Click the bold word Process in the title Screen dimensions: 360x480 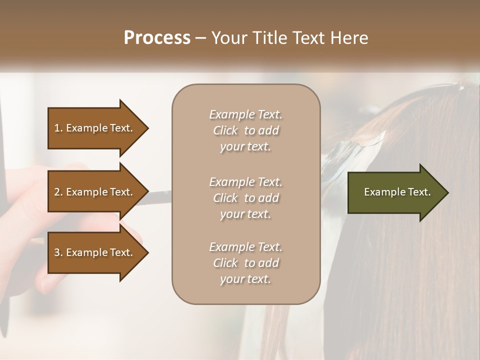pos(157,38)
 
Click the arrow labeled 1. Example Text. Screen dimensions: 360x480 pos(95,128)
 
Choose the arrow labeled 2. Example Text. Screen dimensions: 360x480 pos(95,192)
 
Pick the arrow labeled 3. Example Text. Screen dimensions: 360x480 pos(95,252)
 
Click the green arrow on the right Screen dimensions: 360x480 pos(395,192)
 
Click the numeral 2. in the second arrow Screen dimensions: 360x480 pos(58,192)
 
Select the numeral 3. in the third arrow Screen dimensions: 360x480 pos(58,252)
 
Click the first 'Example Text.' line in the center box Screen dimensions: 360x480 pos(245,114)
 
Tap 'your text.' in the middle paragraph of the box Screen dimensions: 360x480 pos(245,214)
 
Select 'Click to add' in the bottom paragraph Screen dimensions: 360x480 pos(245,263)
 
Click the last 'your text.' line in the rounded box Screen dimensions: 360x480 pos(245,279)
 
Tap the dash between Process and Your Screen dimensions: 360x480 pos(201,38)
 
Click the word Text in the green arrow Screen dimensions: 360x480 pos(419,192)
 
